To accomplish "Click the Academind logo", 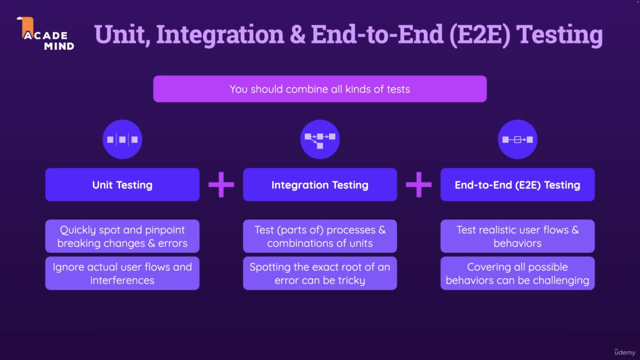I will (47, 34).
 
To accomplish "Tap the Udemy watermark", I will (625, 352).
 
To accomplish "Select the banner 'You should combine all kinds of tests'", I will (320, 89).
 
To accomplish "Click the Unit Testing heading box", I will (122, 185).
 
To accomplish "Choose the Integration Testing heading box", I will (320, 185).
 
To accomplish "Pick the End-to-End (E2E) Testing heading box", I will (517, 185).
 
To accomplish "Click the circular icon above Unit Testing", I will (122, 140).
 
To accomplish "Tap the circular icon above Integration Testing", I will (320, 140).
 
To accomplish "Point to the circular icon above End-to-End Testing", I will (517, 140).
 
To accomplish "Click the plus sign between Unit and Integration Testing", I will (221, 185).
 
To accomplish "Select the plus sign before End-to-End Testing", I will (419, 185).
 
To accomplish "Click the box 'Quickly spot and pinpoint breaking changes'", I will (122, 236).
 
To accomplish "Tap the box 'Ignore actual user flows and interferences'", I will (122, 273).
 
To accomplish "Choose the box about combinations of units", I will (320, 236).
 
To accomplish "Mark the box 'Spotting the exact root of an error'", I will (320, 273).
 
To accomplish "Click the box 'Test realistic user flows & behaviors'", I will (517, 236).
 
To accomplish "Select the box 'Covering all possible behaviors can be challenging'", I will (517, 273).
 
